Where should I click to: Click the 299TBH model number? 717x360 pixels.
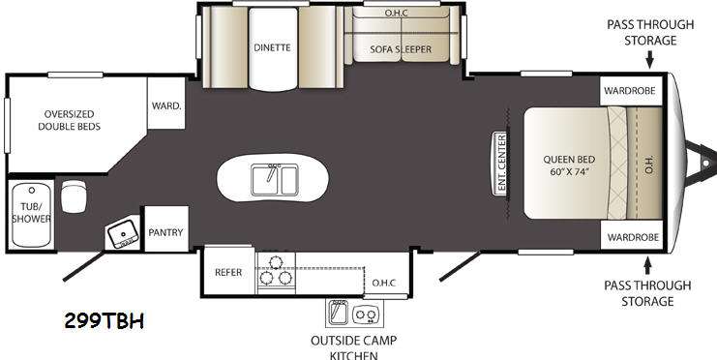tap(105, 321)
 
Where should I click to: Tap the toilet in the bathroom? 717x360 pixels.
tap(74, 196)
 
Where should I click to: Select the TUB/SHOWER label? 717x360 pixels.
tap(31, 213)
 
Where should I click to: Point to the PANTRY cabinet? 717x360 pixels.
tap(166, 228)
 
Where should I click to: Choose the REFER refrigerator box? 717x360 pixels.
tap(228, 272)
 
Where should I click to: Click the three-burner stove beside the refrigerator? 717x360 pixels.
tap(276, 273)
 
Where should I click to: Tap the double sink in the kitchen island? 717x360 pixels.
tap(275, 180)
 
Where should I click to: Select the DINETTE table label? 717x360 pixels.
tap(273, 47)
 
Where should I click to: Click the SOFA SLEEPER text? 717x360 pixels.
tap(401, 49)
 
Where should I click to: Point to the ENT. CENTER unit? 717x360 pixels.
tap(500, 164)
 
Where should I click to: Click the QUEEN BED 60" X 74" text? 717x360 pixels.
tap(569, 166)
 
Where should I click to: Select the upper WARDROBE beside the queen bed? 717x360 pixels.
tap(631, 90)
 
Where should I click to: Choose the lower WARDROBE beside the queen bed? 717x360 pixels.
tap(633, 236)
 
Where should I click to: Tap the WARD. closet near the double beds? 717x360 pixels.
tap(166, 104)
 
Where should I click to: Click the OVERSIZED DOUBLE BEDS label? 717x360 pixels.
tap(70, 120)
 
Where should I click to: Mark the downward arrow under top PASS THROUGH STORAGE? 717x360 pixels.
tap(649, 59)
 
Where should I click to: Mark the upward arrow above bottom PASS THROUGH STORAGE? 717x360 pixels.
tap(647, 266)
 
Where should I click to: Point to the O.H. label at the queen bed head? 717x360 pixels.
tap(650, 165)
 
